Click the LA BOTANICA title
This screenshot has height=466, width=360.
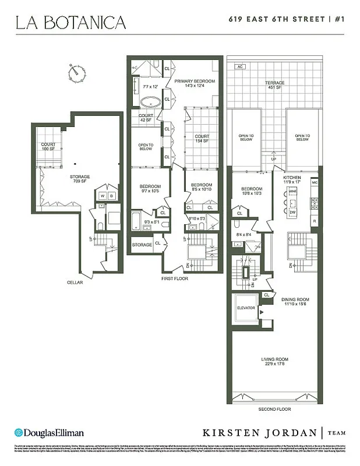pyautogui.click(x=70, y=23)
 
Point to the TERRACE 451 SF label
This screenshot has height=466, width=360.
pyautogui.click(x=276, y=86)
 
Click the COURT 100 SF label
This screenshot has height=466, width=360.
pyautogui.click(x=48, y=147)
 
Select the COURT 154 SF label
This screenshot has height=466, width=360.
pyautogui.click(x=201, y=139)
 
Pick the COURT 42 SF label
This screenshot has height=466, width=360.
pyautogui.click(x=146, y=118)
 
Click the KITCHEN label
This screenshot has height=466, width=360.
pyautogui.click(x=291, y=179)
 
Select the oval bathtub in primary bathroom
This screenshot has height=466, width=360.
pyautogui.click(x=151, y=101)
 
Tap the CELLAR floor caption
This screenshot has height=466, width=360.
pyautogui.click(x=75, y=283)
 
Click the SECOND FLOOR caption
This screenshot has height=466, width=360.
pyautogui.click(x=276, y=409)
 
